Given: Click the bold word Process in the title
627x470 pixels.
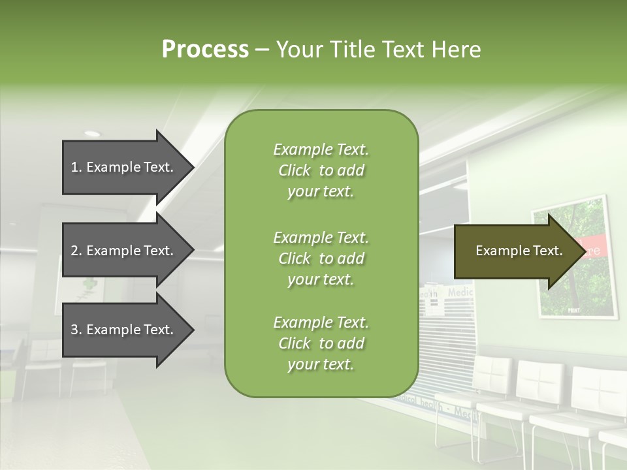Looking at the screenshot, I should pyautogui.click(x=205, y=49).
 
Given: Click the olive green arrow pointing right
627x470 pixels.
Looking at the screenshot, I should pyautogui.click(x=516, y=251).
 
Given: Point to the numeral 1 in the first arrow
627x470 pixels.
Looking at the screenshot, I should pyautogui.click(x=74, y=167).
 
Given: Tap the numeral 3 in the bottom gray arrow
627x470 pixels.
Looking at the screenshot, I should pyautogui.click(x=74, y=330).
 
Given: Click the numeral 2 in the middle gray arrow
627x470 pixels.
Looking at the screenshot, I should pyautogui.click(x=74, y=251).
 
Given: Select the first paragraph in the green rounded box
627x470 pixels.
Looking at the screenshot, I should pyautogui.click(x=321, y=170).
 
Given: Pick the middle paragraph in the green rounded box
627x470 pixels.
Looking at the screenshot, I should pyautogui.click(x=321, y=258).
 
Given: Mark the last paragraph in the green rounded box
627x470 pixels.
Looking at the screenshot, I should pyautogui.click(x=321, y=343).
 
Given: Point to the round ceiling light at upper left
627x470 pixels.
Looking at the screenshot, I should pyautogui.click(x=92, y=134).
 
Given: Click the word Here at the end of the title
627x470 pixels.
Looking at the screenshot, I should pyautogui.click(x=457, y=49).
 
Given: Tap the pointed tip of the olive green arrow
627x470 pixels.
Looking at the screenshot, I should pyautogui.click(x=583, y=251).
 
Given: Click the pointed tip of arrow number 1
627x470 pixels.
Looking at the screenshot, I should pyautogui.click(x=192, y=167).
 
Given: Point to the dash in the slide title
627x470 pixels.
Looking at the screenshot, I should pyautogui.click(x=262, y=50).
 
